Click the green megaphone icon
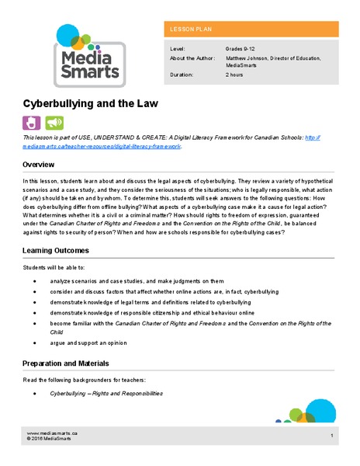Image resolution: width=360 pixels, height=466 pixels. pos(54,122)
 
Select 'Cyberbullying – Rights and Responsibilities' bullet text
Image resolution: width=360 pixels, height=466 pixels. pos(106,394)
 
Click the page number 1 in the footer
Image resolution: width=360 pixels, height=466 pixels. pos(331,436)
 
